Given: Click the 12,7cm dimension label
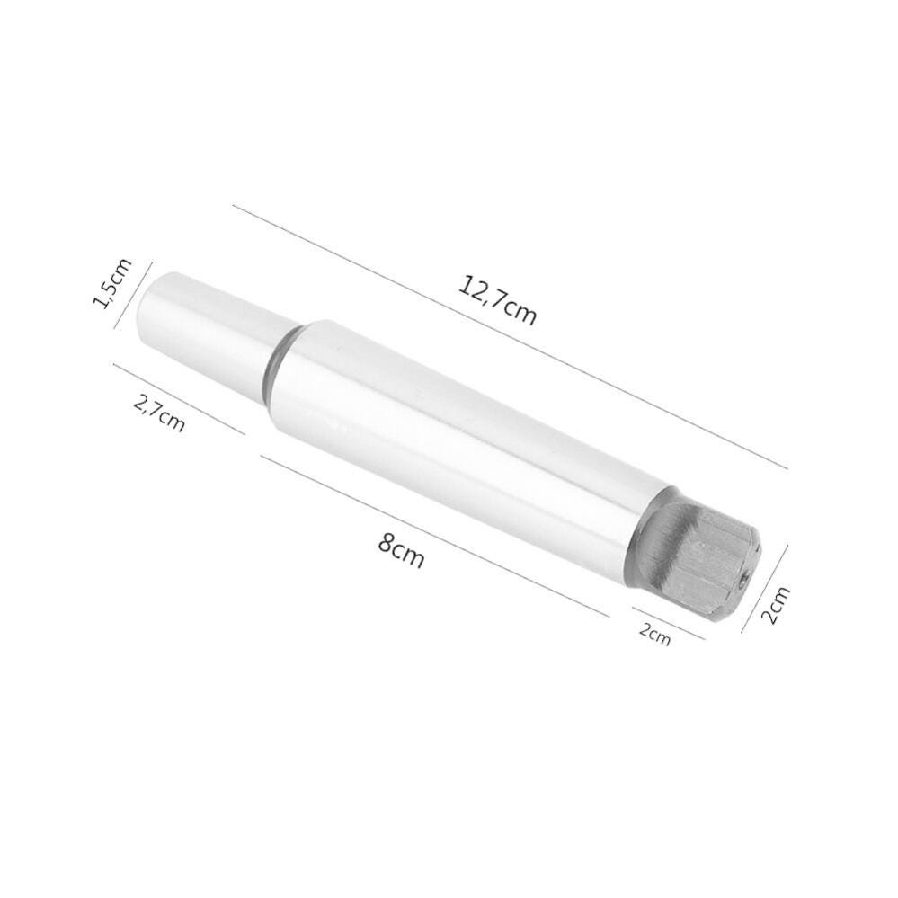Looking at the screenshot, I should (497, 299).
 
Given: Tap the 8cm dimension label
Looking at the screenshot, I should (401, 549).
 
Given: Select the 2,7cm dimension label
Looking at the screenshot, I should (159, 413).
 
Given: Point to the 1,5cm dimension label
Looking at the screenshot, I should (113, 282).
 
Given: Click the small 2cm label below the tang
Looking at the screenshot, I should (654, 633).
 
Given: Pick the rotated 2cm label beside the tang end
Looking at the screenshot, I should (776, 605).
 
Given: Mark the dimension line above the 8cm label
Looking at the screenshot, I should (431, 534).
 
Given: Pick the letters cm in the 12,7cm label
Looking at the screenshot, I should (520, 311).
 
